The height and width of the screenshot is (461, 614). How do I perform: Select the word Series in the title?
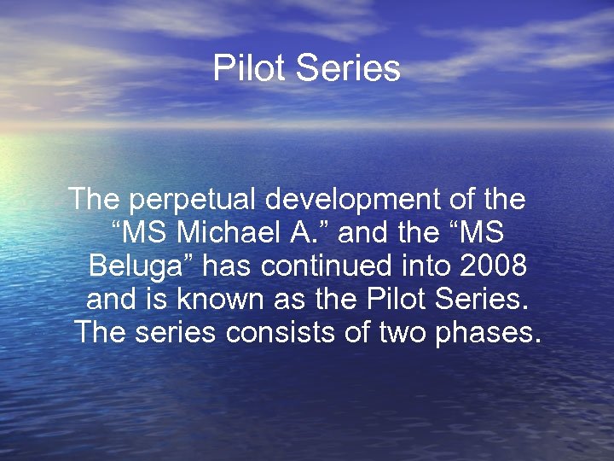pos(348,68)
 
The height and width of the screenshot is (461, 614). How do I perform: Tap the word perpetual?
pos(195,201)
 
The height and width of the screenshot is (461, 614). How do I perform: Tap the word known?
pos(202,299)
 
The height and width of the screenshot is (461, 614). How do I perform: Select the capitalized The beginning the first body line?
pos(96,201)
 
